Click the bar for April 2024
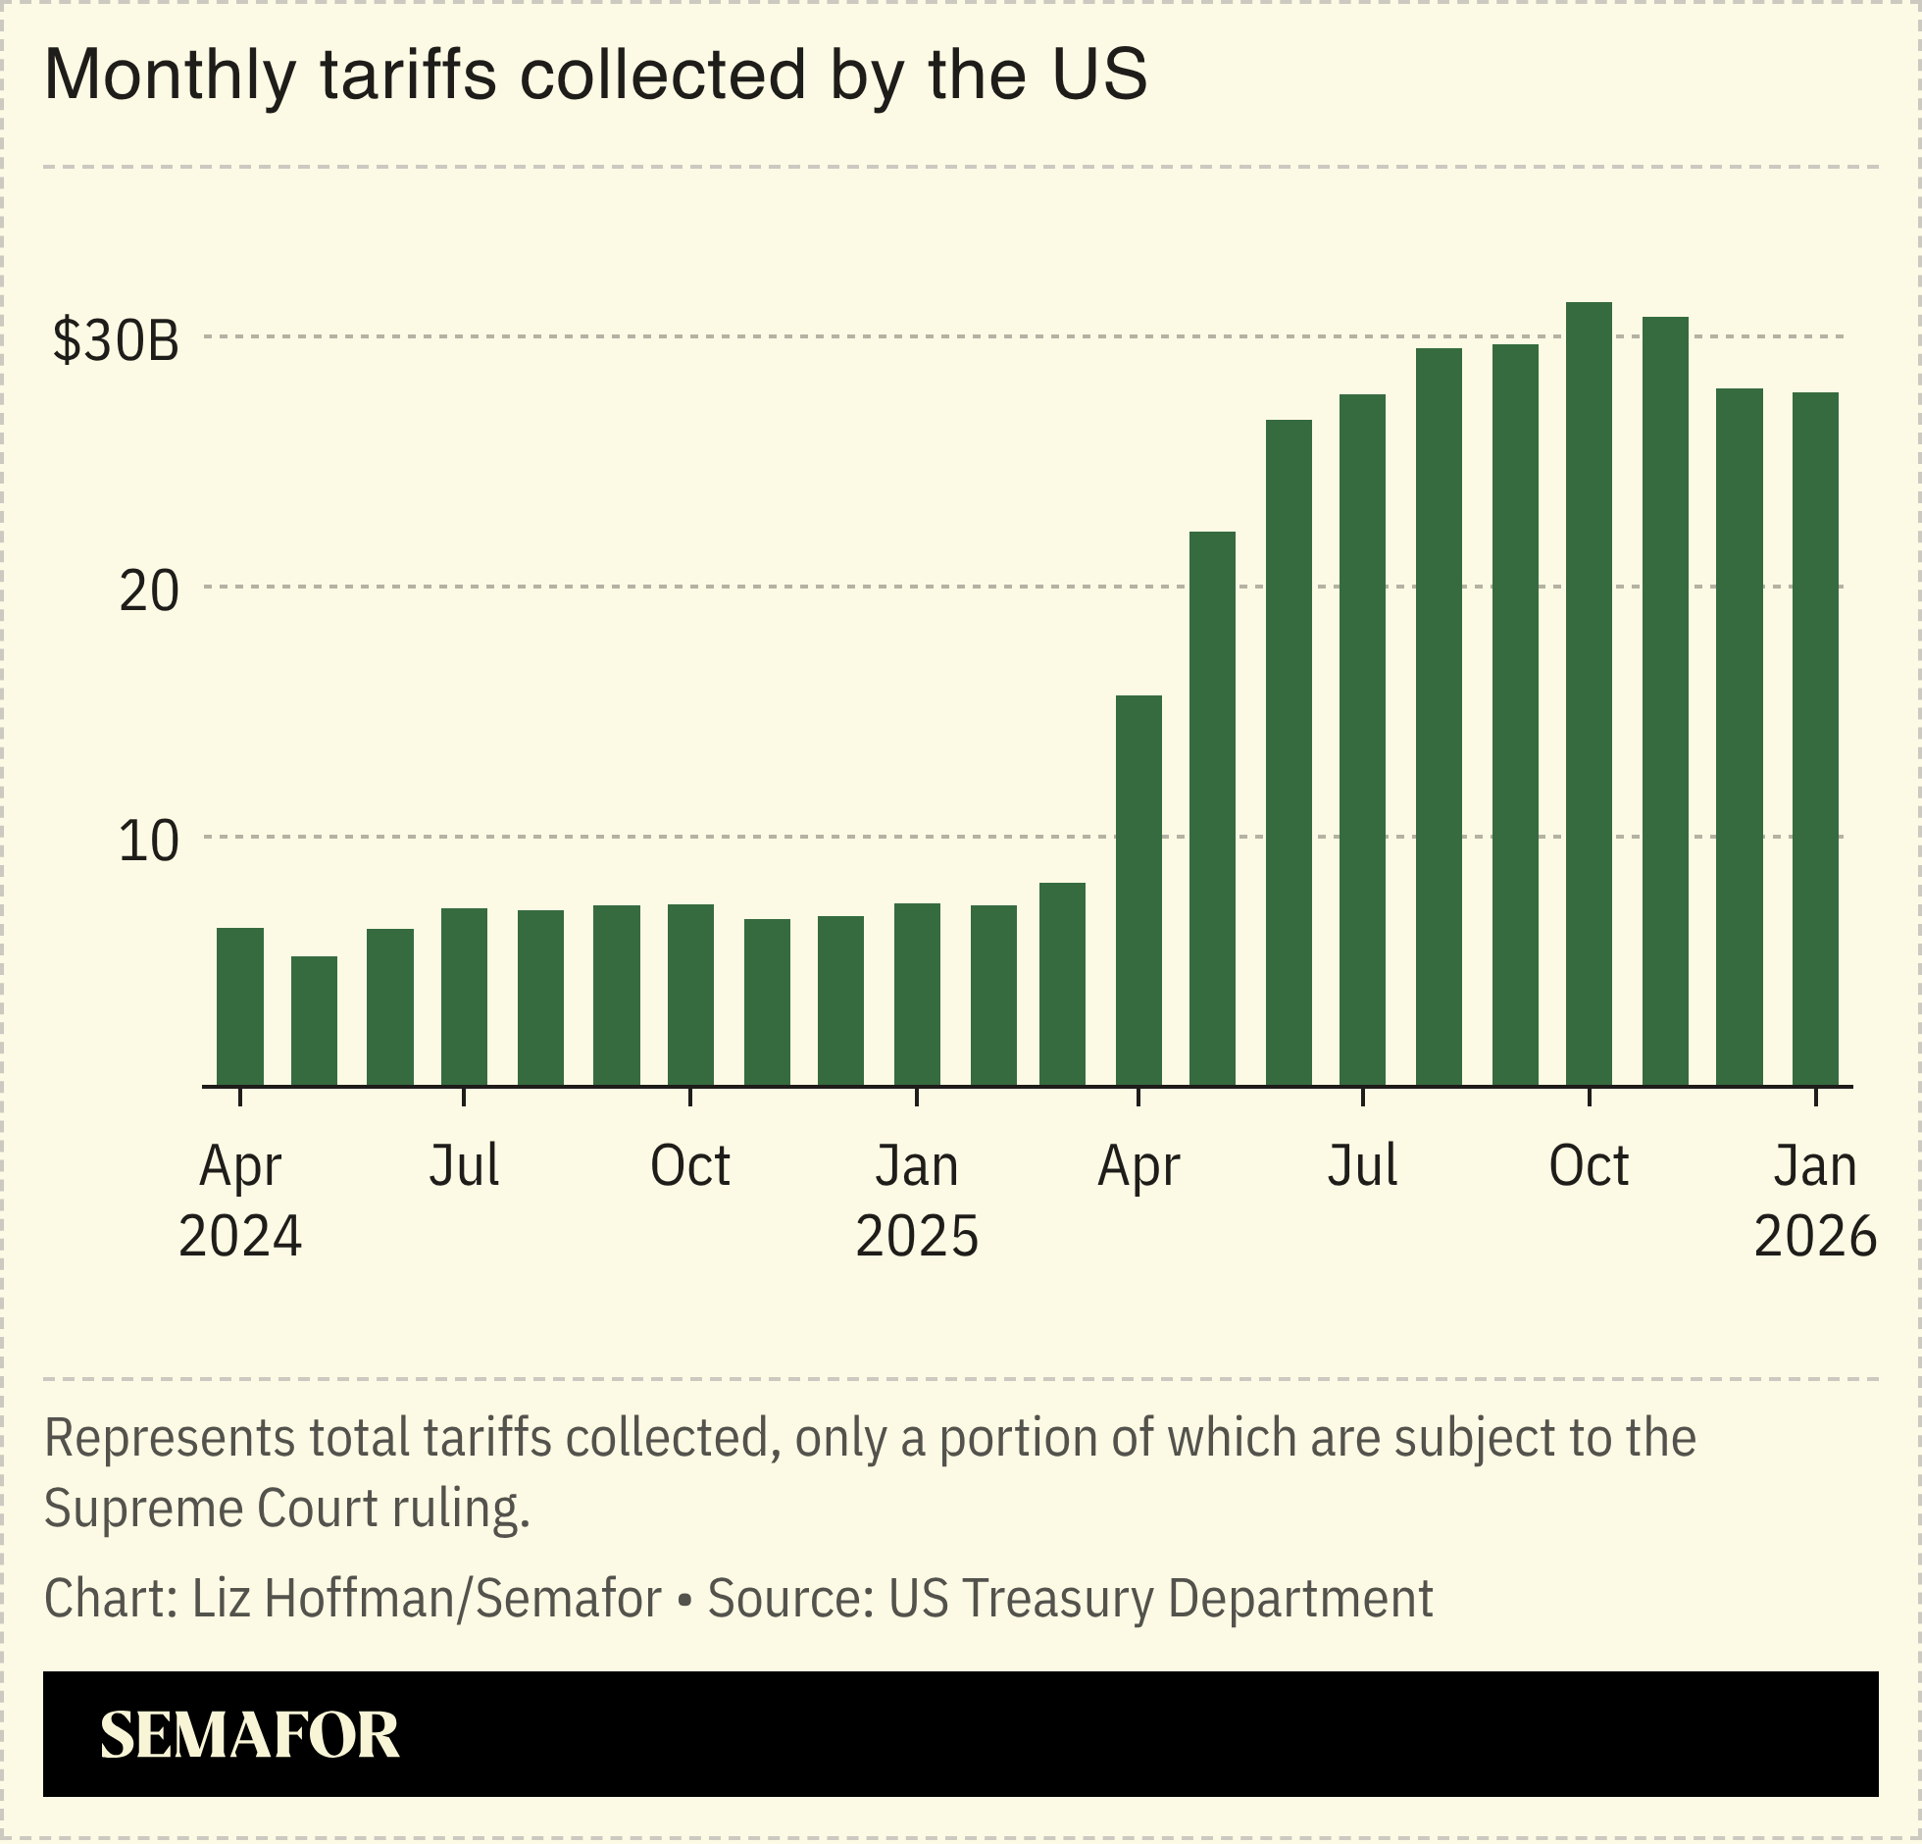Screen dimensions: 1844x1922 click(x=239, y=1006)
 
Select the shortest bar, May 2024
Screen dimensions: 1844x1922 click(x=314, y=1021)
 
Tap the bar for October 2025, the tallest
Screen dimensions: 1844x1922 click(x=1589, y=693)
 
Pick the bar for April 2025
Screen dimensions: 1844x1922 click(x=1138, y=890)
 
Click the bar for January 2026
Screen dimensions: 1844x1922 click(x=1815, y=739)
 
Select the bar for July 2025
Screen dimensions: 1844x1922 click(x=1362, y=740)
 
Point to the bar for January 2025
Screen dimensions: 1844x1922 click(x=917, y=994)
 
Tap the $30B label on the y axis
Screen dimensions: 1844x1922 click(x=116, y=340)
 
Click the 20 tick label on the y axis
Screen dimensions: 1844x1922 click(x=148, y=591)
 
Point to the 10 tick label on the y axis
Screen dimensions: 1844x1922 click(x=148, y=842)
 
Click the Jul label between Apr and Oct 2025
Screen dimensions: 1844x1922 click(x=1362, y=1166)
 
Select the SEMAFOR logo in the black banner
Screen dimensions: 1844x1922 click(x=250, y=1735)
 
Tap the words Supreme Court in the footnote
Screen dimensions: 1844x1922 click(x=211, y=1508)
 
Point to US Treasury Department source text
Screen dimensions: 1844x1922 click(x=1160, y=1598)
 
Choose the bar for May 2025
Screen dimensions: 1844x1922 click(x=1212, y=808)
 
